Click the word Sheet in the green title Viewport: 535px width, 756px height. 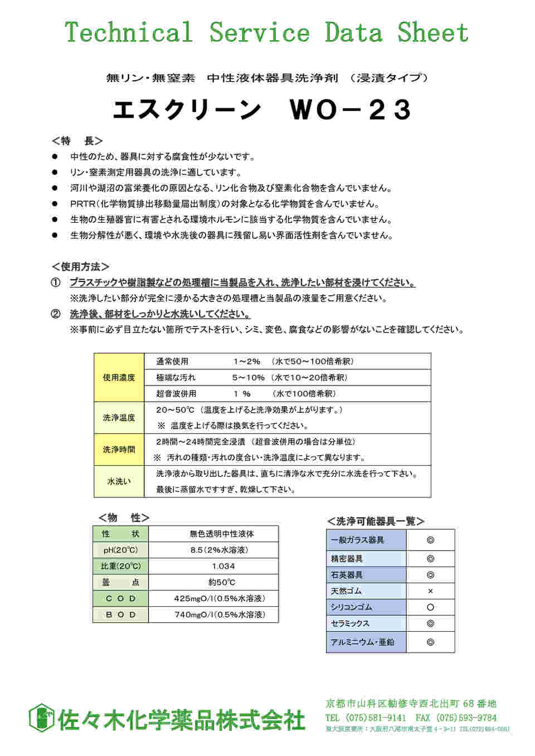(x=432, y=32)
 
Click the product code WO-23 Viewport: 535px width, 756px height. (x=350, y=110)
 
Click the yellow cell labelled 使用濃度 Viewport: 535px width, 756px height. (x=119, y=378)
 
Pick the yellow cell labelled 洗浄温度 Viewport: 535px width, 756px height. (x=119, y=418)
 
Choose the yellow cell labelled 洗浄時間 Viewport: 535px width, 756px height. (x=119, y=450)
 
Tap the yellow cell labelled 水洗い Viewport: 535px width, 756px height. (x=119, y=481)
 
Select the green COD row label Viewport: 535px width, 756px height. (x=120, y=598)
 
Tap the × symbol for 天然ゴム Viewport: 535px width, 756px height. (x=430, y=591)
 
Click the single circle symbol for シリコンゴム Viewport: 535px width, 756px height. (x=430, y=607)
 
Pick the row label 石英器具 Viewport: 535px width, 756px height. (x=347, y=575)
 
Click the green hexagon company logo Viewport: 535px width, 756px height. (x=40, y=718)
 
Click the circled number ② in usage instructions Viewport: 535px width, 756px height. (x=56, y=314)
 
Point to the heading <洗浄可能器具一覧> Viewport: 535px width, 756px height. (x=376, y=521)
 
